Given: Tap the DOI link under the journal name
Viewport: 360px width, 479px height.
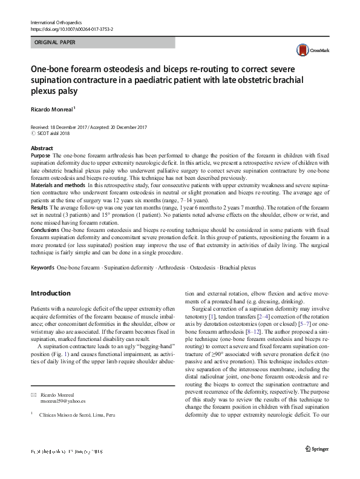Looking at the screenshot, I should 71,29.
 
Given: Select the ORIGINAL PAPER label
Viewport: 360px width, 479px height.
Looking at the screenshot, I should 56,43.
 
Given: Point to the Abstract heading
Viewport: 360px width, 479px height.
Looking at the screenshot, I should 42,148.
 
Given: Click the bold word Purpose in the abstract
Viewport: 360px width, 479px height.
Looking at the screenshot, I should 41,156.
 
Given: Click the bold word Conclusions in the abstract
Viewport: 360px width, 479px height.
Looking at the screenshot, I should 45,230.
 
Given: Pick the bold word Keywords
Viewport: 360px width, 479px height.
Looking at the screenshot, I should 42,267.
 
